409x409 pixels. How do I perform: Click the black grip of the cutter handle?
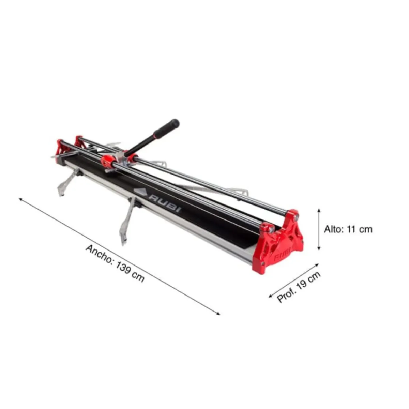click(167, 129)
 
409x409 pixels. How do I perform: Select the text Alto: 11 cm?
click(348, 230)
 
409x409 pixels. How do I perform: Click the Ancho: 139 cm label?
click(115, 263)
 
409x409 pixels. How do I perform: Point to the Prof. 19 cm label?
click(299, 287)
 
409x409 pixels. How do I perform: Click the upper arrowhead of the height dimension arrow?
click(319, 211)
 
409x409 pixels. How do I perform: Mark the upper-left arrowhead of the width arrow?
click(21, 199)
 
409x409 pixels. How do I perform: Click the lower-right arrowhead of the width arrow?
click(218, 314)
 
